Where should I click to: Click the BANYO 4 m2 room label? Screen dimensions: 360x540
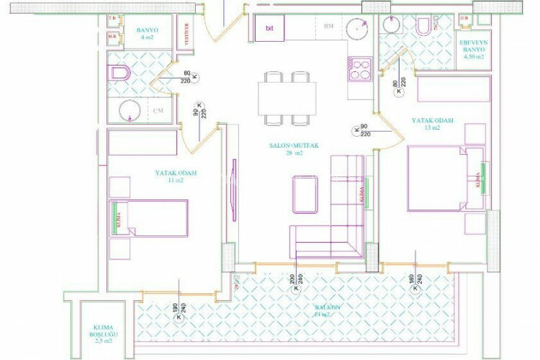147,34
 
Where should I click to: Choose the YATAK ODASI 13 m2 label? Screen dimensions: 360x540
432,125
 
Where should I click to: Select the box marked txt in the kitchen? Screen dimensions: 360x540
269,29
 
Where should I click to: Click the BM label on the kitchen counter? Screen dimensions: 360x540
328,27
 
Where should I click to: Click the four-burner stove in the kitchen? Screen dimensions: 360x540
359,69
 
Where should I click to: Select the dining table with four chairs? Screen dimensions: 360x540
287,97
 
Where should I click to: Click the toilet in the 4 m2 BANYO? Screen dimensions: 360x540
119,73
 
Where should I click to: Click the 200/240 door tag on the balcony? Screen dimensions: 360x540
295,283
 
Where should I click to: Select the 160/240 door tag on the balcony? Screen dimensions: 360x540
415,283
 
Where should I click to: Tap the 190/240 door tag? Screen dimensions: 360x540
177,311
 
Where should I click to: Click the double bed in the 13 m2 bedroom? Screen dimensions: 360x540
436,178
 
